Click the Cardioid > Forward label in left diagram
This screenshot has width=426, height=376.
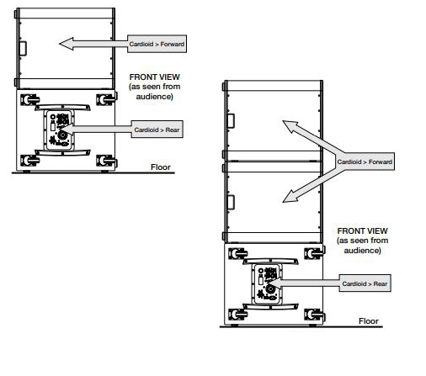157,44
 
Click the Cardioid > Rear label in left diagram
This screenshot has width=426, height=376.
157,130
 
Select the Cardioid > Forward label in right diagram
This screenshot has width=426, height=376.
365,162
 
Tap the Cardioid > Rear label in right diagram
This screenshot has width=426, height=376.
365,283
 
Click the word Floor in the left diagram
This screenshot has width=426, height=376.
161,167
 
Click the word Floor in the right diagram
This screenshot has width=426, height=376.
369,321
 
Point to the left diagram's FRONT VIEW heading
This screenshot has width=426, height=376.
154,77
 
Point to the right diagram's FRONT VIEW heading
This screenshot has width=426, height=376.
362,230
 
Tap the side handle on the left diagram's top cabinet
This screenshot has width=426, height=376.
23,49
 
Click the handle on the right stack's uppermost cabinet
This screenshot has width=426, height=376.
231,121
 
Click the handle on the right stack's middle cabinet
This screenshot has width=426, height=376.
231,202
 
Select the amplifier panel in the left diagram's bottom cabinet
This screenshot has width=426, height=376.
59,130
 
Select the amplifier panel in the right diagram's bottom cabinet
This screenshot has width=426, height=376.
267,283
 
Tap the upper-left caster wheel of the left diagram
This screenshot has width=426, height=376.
29,100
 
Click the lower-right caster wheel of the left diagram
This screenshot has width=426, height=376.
106,161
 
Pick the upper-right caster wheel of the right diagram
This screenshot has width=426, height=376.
314,254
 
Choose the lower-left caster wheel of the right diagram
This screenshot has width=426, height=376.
238,315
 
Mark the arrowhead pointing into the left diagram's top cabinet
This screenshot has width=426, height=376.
67,44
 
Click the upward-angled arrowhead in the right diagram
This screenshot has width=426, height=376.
290,126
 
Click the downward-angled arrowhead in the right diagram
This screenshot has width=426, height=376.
290,197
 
